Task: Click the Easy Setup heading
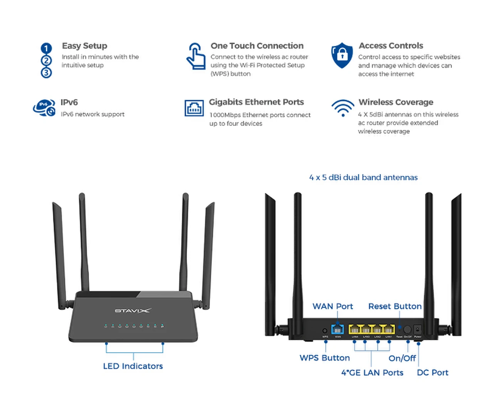coord(84,46)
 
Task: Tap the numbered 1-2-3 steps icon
coord(46,60)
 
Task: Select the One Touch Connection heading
coord(257,46)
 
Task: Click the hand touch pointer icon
coord(196,57)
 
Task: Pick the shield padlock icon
coord(342,55)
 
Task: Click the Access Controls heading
coord(391,46)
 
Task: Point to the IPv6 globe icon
coord(44,108)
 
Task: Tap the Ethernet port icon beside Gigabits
coord(194,108)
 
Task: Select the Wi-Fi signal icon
coord(343,108)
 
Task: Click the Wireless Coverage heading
coord(396,102)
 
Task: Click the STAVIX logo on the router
coord(132,311)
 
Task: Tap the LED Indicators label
coord(133,366)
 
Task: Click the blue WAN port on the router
coord(337,329)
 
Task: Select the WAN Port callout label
coord(332,306)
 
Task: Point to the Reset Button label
coord(395,306)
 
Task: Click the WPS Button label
coord(325,358)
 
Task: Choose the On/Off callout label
coord(402,358)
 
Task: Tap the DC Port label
coord(433,373)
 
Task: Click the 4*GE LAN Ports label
coord(372,373)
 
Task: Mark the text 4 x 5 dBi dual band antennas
coord(363,178)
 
